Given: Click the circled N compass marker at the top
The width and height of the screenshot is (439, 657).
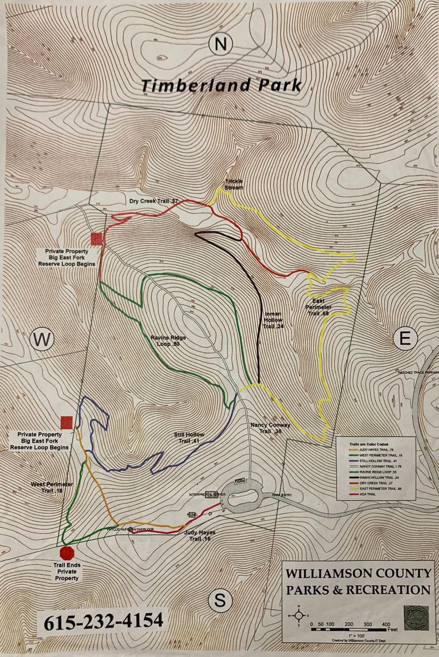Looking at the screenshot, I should [x=220, y=44].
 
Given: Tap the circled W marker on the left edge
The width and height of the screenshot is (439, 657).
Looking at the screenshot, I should [x=42, y=339].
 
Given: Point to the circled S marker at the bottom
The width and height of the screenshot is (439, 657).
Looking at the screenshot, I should [x=220, y=600].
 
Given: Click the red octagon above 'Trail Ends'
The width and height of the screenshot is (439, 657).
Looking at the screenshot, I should [x=67, y=552].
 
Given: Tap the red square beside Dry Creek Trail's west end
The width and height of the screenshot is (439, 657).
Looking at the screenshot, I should [x=96, y=238].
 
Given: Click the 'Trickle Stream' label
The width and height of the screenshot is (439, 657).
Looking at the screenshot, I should [x=234, y=184].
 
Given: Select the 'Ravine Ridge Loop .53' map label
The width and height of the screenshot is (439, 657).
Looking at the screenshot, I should [x=168, y=341].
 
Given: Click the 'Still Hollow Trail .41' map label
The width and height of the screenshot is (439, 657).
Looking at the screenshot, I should [x=189, y=438].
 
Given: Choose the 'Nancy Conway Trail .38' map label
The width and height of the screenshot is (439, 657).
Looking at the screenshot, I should [x=270, y=428].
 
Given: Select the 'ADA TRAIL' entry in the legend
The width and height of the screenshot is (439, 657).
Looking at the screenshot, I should [x=368, y=494].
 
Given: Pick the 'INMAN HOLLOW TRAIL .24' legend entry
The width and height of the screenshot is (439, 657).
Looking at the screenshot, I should [x=379, y=477].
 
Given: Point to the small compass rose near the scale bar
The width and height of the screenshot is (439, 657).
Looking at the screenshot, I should [x=299, y=616].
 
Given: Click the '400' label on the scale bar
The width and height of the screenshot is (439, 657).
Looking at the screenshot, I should [x=386, y=624].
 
